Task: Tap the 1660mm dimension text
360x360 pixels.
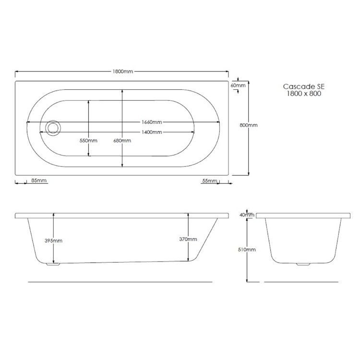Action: [151, 121]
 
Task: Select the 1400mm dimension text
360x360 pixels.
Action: [151, 132]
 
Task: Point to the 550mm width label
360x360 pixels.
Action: [89, 141]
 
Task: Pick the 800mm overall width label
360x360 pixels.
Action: [248, 125]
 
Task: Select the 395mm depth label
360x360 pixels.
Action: [54, 240]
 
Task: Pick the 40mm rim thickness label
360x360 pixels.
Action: [248, 215]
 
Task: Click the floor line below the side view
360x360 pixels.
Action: [120, 281]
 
